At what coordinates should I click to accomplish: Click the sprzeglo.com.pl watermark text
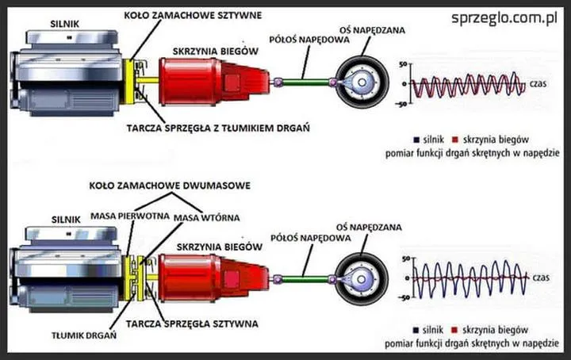click(502, 17)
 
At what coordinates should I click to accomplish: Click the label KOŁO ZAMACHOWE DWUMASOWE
click(170, 185)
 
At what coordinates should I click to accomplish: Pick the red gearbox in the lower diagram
click(208, 277)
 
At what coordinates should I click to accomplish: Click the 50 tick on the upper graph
click(403, 63)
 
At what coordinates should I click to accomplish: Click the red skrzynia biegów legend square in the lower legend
click(455, 328)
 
